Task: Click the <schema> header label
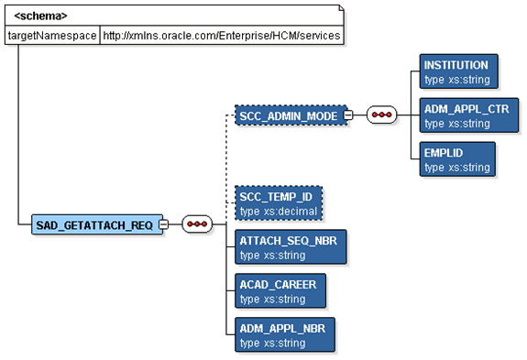point(40,16)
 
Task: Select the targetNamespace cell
point(51,35)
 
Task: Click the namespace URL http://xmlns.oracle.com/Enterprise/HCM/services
point(220,35)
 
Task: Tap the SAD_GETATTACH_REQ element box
point(93,225)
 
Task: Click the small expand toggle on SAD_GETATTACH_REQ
point(163,225)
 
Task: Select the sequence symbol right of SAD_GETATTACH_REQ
point(196,225)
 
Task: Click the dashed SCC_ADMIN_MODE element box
point(287,115)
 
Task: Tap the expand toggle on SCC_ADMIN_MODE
point(347,115)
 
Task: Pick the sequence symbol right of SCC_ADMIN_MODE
point(380,115)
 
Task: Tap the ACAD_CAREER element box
point(277,291)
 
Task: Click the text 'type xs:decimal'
point(278,212)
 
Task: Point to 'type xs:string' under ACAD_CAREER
point(272,300)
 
